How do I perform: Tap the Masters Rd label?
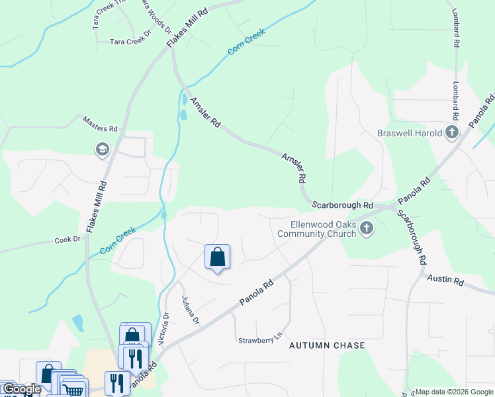point(100,123)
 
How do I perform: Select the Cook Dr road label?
point(67,240)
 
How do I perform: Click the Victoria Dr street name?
point(165,329)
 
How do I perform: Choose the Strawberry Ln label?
point(260,340)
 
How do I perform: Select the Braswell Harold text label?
point(410,133)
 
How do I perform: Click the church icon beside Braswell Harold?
point(452,132)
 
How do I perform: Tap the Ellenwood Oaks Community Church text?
point(316,228)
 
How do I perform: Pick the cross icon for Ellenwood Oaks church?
point(367,229)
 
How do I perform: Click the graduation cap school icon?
point(102,150)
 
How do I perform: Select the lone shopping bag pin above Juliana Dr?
point(218,257)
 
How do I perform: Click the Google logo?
point(21,389)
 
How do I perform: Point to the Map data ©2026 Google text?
point(455,392)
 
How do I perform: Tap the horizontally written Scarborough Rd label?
point(343,206)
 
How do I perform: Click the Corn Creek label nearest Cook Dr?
point(118,241)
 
